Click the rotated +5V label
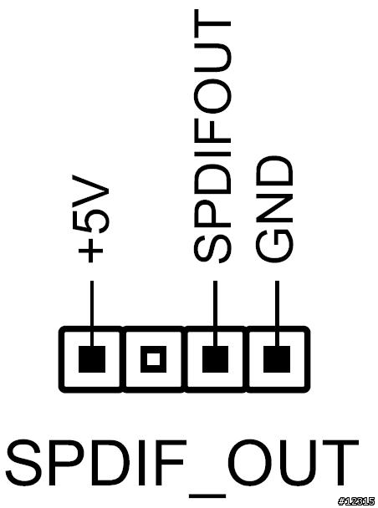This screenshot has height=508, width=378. [x=91, y=219]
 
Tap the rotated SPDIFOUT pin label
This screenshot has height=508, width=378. [x=212, y=136]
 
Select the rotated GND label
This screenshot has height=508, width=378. [x=275, y=210]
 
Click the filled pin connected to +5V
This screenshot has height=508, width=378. [x=92, y=359]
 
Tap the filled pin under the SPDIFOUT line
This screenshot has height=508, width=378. [x=215, y=359]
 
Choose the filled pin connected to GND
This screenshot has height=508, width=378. [x=277, y=359]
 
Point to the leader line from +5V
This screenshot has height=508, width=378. [x=92, y=313]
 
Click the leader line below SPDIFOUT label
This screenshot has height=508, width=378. [x=215, y=313]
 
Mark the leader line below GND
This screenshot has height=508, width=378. [x=277, y=313]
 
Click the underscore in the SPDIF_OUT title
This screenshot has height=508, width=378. [x=207, y=495]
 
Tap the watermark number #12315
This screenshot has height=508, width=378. [x=357, y=501]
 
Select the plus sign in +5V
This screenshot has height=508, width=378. [x=91, y=251]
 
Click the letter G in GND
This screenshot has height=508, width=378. [x=275, y=246]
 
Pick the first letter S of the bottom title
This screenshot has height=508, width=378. [x=23, y=463]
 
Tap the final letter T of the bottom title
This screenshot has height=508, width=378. [x=340, y=463]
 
